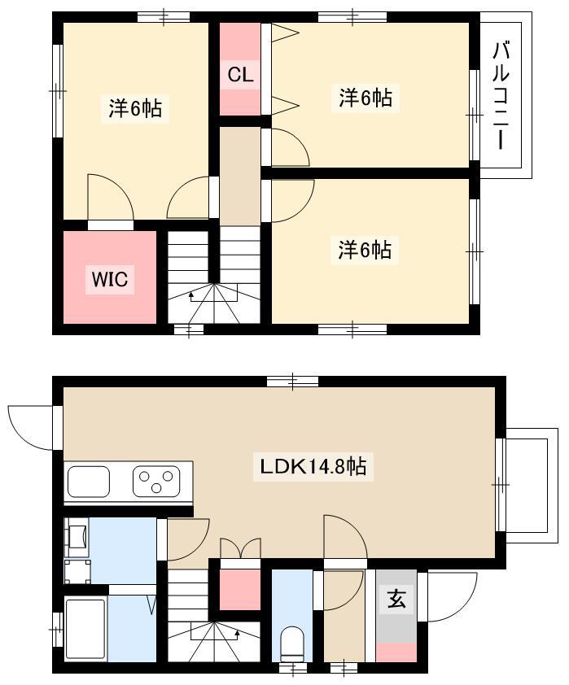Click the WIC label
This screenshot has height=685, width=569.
(110, 279)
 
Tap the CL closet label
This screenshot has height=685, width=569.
(240, 75)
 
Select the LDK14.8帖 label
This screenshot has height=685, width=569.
(313, 467)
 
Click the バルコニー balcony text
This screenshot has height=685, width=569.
(501, 95)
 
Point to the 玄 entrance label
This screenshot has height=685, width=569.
(396, 599)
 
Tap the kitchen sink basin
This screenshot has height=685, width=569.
(89, 482)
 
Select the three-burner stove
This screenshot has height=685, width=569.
(156, 482)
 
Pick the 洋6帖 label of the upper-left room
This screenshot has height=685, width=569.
(135, 108)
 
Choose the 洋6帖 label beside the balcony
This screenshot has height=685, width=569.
(365, 98)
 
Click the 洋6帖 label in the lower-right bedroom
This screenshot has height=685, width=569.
(365, 250)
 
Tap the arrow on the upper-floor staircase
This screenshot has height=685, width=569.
(191, 297)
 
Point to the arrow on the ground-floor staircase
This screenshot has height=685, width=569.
(238, 634)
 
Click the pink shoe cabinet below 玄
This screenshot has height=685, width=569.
(396, 652)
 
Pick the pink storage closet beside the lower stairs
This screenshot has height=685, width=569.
(240, 590)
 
